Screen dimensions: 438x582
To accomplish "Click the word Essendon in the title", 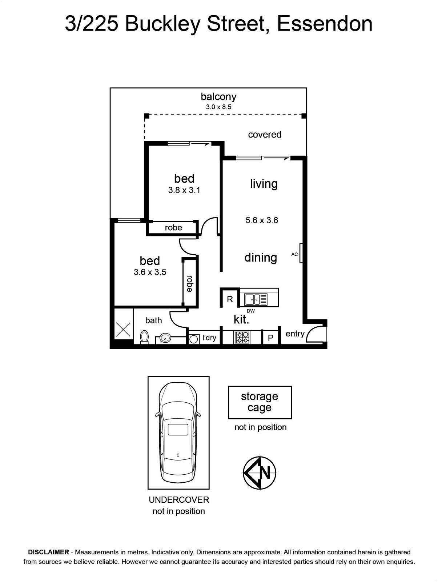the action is click(325, 24).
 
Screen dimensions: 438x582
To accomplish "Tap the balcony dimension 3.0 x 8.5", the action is click(218, 107).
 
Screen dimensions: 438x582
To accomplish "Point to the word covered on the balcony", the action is click(265, 135).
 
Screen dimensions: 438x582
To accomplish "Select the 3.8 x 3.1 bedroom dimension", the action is click(184, 190).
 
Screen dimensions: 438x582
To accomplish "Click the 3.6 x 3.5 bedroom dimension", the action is click(150, 272).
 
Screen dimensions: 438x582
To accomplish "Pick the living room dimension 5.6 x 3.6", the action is click(262, 220).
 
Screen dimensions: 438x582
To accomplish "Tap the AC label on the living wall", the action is click(294, 254).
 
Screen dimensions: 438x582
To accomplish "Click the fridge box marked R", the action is click(230, 299).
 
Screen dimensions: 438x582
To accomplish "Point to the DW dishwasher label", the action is click(250, 311).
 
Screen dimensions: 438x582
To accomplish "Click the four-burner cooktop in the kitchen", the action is click(242, 338).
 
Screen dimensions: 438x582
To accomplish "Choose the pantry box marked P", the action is click(270, 338).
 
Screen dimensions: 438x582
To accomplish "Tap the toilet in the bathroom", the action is click(144, 337).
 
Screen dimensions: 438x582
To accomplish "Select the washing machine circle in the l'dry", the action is click(193, 339).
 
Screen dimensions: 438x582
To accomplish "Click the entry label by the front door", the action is click(295, 334).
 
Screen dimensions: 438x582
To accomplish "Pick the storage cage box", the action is click(260, 402).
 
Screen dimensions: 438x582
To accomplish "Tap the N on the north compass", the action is click(265, 473).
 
